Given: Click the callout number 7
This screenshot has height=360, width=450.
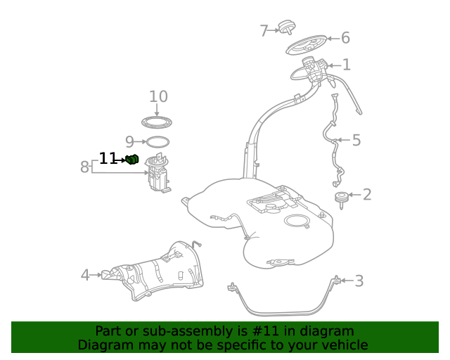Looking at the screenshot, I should coord(264,31).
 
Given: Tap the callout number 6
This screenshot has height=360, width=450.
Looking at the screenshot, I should coord(345,38).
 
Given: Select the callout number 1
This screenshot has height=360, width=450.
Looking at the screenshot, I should coord(346,65).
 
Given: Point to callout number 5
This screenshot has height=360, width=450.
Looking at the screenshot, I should coord(356,141).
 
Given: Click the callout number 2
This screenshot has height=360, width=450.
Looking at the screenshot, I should coord(366,195).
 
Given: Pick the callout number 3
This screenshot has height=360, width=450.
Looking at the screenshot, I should coord(359,282).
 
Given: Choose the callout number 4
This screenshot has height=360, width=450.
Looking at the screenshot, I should coord(85,275).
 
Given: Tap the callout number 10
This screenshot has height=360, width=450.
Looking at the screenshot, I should coord(158,96).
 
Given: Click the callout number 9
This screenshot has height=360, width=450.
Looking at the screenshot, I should coord(129,142).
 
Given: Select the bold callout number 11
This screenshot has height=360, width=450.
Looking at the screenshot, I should coord(107,159).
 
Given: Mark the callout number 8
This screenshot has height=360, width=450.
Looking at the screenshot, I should coord(84,167).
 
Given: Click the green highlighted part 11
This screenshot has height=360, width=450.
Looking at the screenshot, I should coord(131,160).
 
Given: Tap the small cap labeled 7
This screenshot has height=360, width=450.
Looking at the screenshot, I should coord(286,28).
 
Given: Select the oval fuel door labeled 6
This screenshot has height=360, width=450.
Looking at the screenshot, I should coord(309,46).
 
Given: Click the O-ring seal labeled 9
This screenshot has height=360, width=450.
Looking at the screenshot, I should coord(157,142).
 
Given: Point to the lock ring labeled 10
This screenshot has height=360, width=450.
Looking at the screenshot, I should coord(157,124).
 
